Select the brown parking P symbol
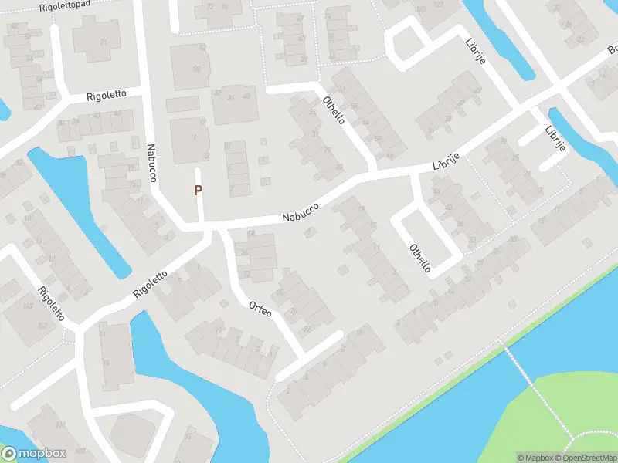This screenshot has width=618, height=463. pos(198,189)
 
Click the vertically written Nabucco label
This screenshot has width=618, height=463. pos(152,163)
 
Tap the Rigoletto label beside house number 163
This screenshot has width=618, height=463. pos(52,302)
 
